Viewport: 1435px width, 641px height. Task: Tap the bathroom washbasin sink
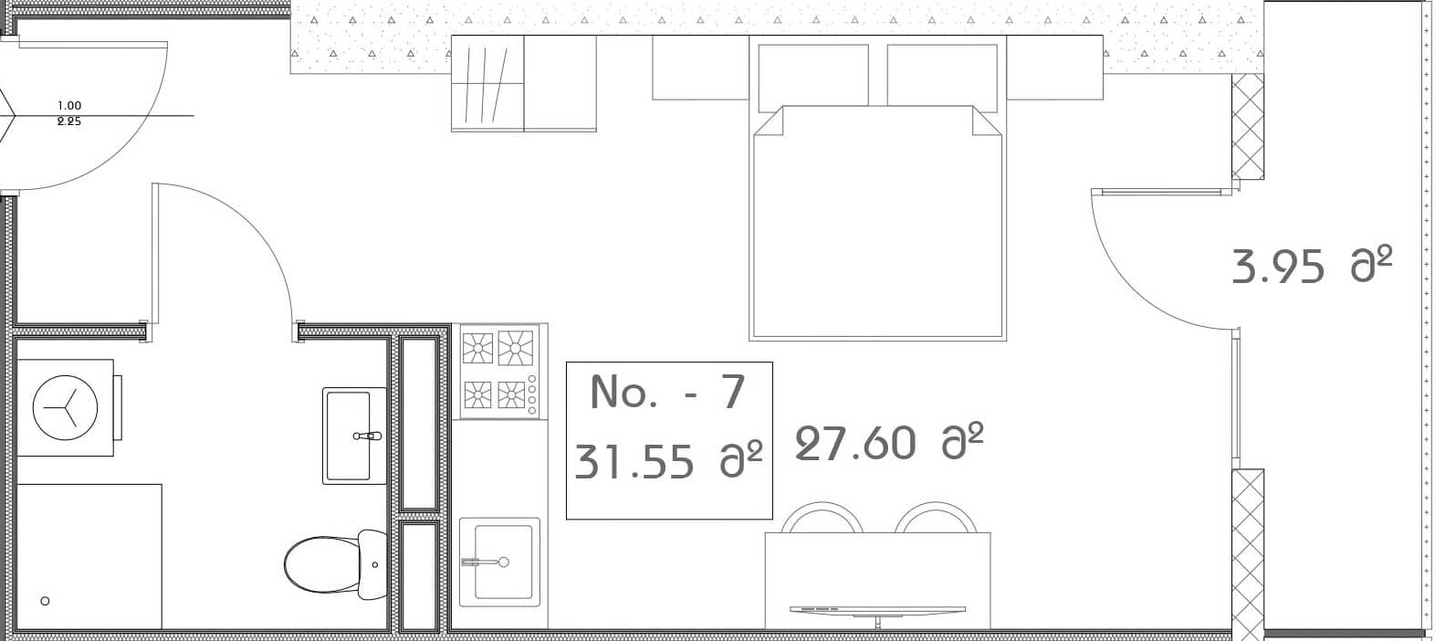pos(353,436)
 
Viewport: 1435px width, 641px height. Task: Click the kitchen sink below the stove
pos(499,561)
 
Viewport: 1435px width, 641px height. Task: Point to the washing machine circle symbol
pos(65,407)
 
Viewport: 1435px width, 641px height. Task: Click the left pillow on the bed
pos(812,75)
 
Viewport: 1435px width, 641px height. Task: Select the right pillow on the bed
pos(942,75)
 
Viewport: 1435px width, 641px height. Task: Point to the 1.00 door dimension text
pos(69,106)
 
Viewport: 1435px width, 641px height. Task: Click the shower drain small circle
pos(46,601)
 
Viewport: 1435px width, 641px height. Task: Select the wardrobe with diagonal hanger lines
pos(487,83)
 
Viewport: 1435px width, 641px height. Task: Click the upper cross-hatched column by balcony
pos(1247,127)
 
